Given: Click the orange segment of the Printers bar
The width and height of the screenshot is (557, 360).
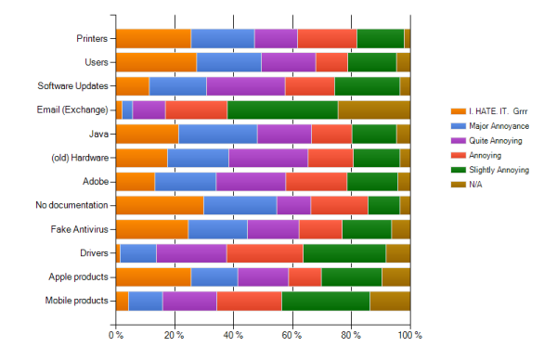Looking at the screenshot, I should (153, 38).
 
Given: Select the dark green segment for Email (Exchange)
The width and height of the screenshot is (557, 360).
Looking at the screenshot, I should (282, 109).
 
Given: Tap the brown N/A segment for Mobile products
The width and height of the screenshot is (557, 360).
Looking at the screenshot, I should (390, 301).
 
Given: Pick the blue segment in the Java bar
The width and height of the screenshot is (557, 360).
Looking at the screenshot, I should (217, 134).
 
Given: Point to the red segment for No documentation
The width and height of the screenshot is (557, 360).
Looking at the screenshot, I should (339, 205).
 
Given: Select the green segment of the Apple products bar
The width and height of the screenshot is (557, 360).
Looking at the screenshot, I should (351, 276).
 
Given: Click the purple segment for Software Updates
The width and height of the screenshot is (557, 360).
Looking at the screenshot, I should (246, 86).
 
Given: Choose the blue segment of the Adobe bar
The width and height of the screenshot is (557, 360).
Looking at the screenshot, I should (185, 181).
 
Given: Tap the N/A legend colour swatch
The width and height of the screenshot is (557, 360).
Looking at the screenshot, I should (455, 186).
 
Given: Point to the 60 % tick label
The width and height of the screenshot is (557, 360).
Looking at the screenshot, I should (292, 336).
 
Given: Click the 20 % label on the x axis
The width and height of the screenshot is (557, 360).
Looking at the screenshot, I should (175, 336).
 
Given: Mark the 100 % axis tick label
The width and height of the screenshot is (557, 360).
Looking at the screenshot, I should (409, 336).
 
